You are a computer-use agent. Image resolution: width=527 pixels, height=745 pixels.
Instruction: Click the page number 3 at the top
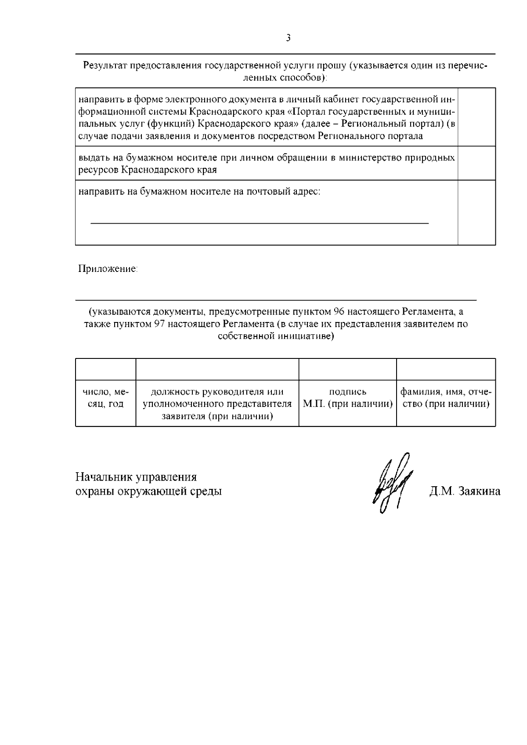(x=288, y=38)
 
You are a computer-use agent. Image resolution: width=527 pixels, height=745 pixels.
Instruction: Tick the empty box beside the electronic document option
(x=476, y=117)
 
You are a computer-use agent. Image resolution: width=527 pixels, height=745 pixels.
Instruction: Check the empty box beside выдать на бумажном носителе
(x=476, y=163)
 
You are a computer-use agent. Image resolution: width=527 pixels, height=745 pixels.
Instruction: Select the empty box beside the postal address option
(x=476, y=212)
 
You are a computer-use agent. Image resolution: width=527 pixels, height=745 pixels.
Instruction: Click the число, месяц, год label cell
(x=105, y=398)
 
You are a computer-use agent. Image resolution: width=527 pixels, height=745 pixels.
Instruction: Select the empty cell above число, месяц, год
(x=105, y=369)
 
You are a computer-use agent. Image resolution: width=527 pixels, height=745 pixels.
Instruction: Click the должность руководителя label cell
(x=217, y=404)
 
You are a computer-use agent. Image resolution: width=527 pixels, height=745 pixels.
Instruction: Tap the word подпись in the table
(x=347, y=392)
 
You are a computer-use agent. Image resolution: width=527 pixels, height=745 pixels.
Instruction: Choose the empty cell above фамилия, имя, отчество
(x=446, y=369)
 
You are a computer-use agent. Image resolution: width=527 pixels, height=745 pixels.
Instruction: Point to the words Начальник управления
(x=136, y=477)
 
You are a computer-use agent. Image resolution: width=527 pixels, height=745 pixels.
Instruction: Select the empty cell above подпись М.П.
(x=347, y=369)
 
